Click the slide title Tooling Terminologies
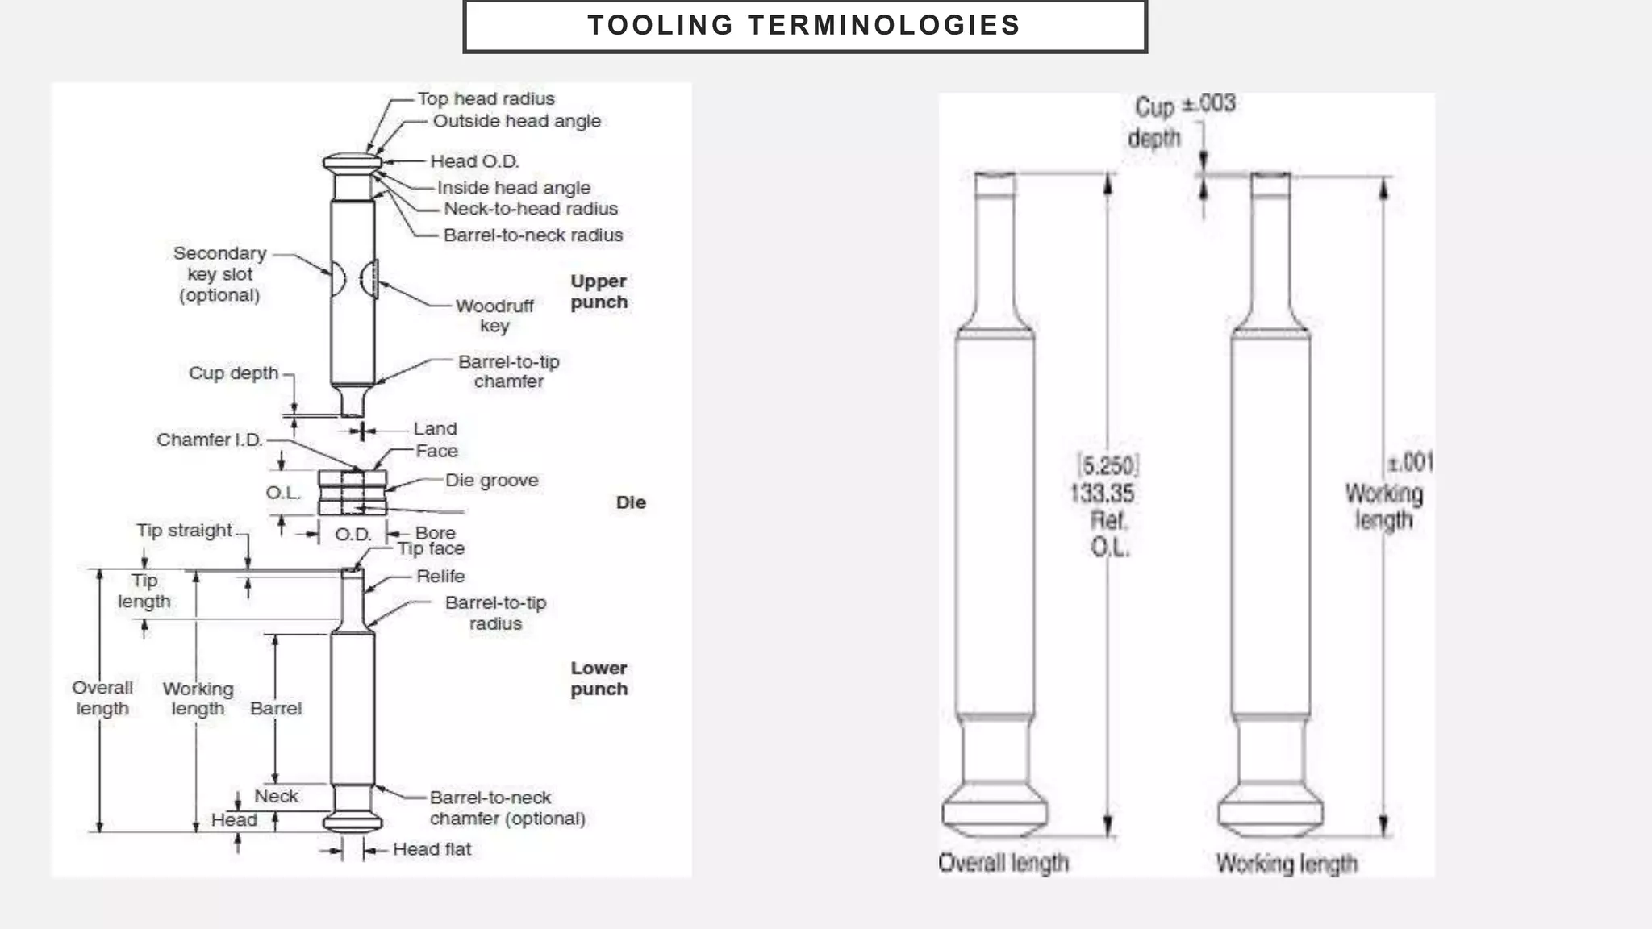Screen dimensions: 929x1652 [x=804, y=26]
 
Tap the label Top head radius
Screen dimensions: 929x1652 [x=486, y=98]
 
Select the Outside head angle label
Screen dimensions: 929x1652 [x=516, y=121]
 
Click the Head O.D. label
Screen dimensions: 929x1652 [x=474, y=161]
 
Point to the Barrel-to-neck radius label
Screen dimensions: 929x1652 [x=533, y=235]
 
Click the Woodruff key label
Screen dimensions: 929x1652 [x=494, y=315]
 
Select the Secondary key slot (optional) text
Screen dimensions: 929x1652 [x=219, y=274]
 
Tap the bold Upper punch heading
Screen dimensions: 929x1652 [x=599, y=292]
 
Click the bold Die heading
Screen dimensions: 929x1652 [x=631, y=502]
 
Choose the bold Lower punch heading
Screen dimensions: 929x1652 [x=599, y=678]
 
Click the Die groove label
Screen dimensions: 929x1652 [x=491, y=481]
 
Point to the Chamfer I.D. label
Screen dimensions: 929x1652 [x=210, y=440]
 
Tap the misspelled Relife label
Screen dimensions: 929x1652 [x=440, y=577]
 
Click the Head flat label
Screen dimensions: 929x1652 [x=432, y=849]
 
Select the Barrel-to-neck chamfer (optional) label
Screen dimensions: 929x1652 [x=507, y=808]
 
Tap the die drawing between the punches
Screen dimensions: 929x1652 [x=353, y=493]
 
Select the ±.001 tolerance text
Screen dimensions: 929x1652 [x=1410, y=463]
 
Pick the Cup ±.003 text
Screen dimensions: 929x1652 [x=1184, y=105]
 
